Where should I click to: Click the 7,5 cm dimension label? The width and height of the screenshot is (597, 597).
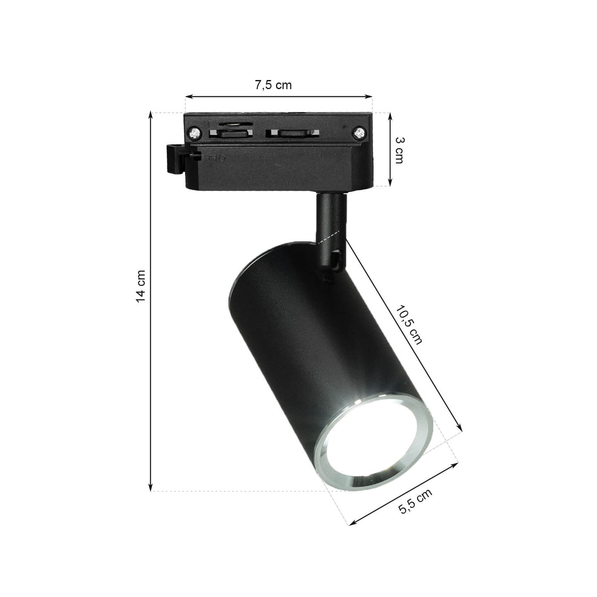[x=273, y=85]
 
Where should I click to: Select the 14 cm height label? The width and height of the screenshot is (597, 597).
[x=141, y=286]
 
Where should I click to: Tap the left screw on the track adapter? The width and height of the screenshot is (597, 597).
[x=195, y=133]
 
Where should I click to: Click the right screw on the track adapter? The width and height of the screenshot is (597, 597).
[x=359, y=133]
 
